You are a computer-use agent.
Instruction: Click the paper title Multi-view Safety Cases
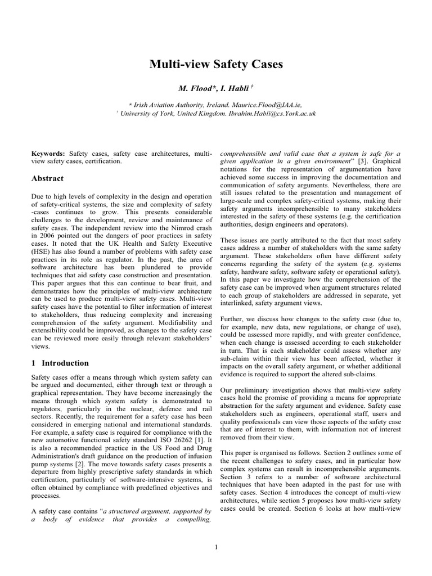(216, 65)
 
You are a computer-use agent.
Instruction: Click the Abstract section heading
(47, 178)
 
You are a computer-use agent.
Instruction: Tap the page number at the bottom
(216, 546)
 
